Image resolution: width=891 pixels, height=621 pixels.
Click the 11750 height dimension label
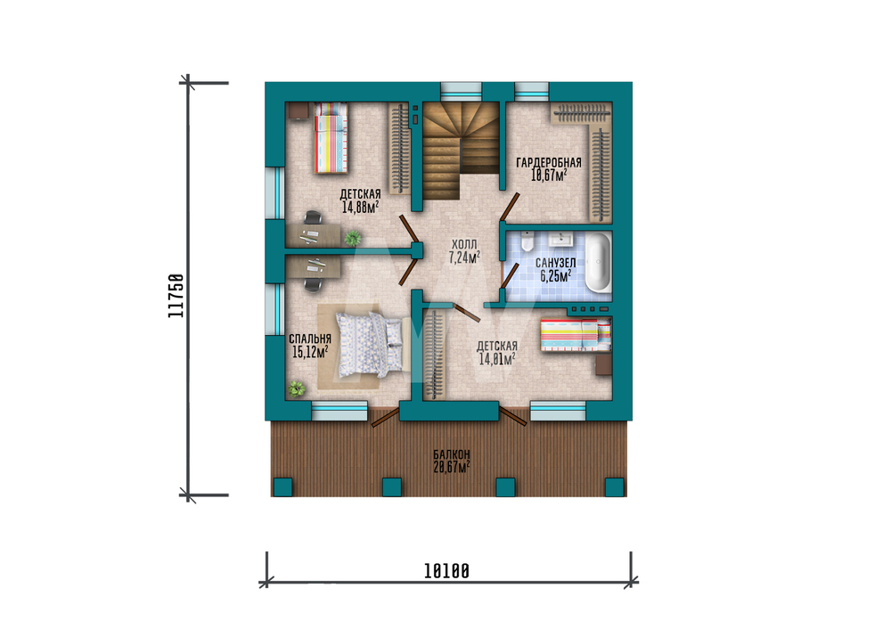[x=176, y=296]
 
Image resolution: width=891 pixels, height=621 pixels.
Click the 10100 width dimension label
[x=446, y=571]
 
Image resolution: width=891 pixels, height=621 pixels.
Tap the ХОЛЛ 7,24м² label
[x=464, y=251]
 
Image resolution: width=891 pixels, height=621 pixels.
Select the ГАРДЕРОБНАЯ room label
[x=548, y=169]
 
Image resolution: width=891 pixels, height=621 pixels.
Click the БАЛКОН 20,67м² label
[x=452, y=462]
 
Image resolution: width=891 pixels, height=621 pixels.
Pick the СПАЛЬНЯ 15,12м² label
[x=310, y=346]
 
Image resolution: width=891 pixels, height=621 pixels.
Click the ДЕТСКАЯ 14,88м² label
[x=360, y=200]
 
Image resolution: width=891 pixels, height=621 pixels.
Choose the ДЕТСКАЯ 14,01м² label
[x=497, y=352]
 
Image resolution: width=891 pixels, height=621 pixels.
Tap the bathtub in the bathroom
[x=598, y=263]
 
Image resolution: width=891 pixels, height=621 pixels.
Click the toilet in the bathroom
[x=527, y=241]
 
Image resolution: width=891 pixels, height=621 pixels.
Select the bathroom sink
[x=561, y=239]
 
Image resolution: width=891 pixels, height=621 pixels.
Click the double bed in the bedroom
[x=371, y=344]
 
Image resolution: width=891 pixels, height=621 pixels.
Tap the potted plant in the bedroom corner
[x=296, y=388]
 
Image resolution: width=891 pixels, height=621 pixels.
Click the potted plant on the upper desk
[x=352, y=238]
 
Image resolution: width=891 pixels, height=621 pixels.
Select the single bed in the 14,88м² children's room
[x=331, y=137]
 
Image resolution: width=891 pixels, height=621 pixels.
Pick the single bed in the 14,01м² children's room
[x=576, y=335]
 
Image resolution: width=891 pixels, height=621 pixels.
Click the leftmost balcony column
[x=283, y=487]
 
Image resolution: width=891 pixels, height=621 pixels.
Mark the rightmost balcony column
[x=614, y=487]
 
